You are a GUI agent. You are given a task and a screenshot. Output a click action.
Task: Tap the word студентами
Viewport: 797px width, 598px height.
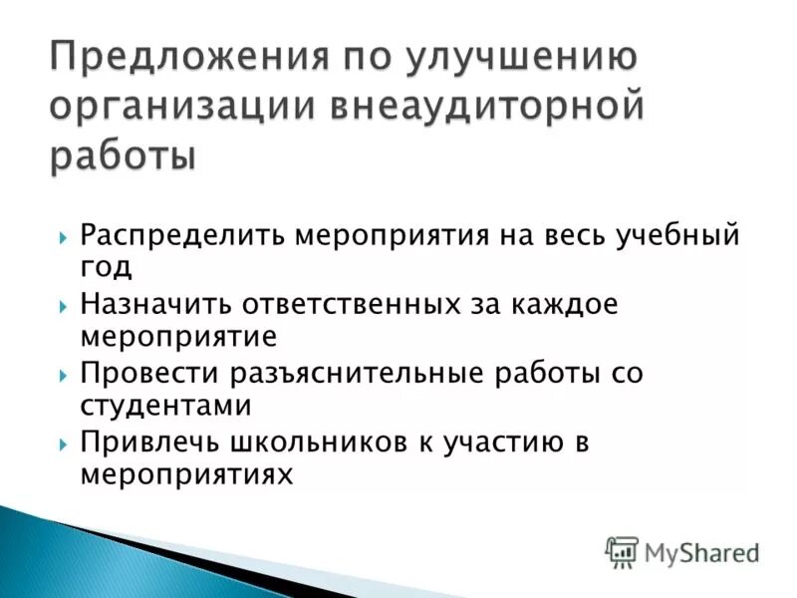click(x=165, y=405)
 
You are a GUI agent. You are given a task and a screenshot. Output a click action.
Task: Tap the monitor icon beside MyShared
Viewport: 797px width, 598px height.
click(x=622, y=551)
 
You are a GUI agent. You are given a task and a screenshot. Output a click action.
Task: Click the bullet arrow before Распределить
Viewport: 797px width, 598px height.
click(x=62, y=238)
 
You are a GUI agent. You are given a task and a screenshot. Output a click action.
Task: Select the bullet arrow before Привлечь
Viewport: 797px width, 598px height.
click(x=62, y=444)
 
